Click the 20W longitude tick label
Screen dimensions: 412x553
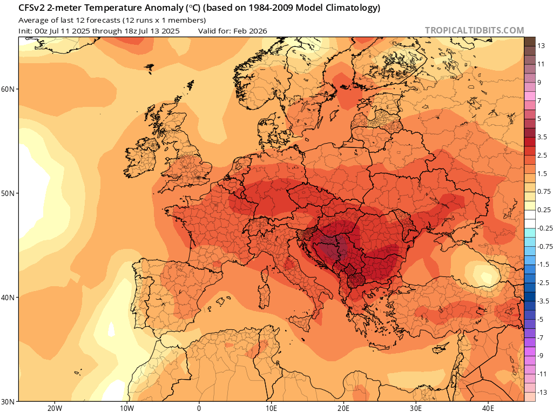point(55,408)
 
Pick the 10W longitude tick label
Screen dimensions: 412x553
point(127,408)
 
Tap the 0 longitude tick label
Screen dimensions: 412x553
point(199,408)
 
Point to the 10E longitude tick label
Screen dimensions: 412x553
point(272,408)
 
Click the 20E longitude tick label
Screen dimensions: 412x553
point(344,408)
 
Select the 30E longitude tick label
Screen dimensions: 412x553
point(416,408)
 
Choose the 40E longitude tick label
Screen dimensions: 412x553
point(489,408)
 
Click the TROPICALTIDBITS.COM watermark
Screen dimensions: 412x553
point(474,31)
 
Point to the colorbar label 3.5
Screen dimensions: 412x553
point(543,137)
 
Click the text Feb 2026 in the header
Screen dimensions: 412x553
point(250,31)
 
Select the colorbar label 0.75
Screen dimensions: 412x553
point(544,191)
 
